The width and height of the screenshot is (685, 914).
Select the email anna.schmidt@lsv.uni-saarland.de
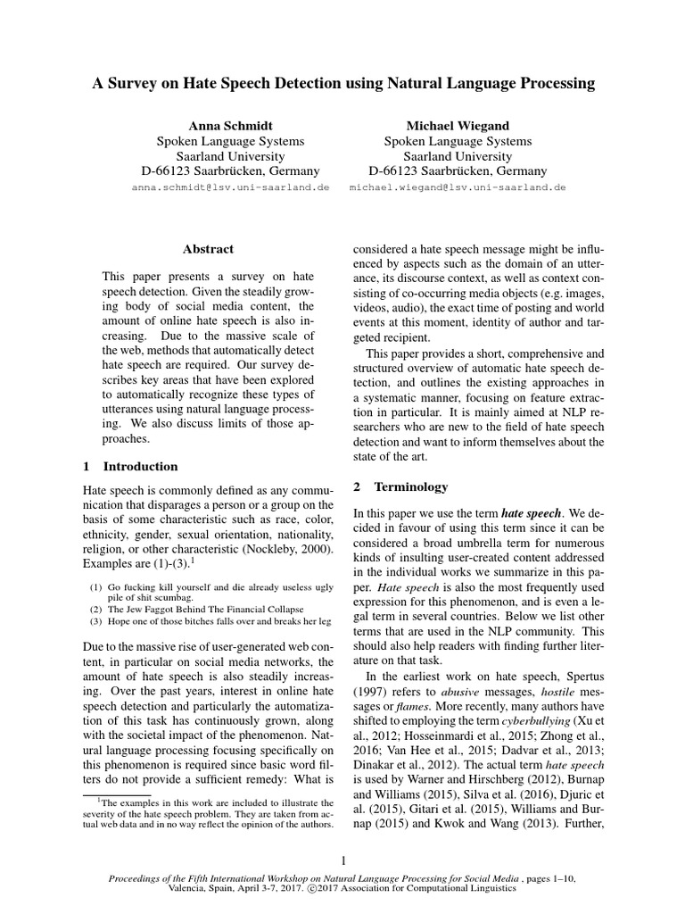pyautogui.click(x=230, y=189)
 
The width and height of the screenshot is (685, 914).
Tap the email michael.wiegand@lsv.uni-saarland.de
pyautogui.click(x=458, y=189)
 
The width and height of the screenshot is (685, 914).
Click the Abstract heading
pyautogui.click(x=208, y=250)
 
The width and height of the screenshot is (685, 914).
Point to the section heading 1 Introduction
pyautogui.click(x=130, y=466)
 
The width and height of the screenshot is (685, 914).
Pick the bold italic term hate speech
pyautogui.click(x=532, y=514)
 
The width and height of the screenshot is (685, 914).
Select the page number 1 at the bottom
pyautogui.click(x=342, y=860)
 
